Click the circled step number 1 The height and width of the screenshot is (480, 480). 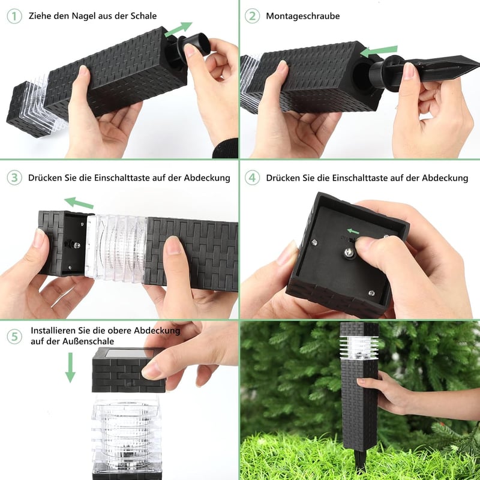click(14, 16)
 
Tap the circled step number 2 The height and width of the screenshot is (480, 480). click(252, 16)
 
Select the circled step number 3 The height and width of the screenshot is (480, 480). click(14, 178)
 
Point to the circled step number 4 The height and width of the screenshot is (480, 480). click(252, 178)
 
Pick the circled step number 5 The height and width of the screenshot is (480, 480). click(14, 337)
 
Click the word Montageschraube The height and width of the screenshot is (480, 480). click(303, 16)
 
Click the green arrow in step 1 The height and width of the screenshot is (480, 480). click(178, 29)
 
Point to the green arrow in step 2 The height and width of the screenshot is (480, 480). click(379, 51)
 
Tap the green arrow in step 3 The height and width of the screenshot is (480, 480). click(79, 203)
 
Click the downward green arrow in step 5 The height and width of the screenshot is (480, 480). click(70, 367)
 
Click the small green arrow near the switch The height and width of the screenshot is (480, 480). click(353, 231)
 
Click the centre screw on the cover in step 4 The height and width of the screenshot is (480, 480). click(348, 253)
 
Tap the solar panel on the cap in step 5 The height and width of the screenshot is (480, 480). click(128, 353)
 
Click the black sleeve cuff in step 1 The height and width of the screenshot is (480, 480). click(226, 148)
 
